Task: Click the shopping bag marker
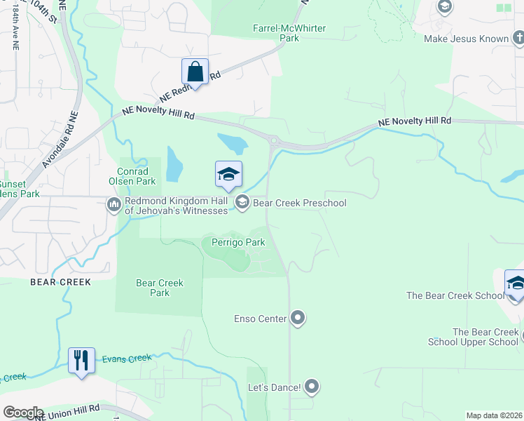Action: point(195,72)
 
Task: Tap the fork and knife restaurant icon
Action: point(81,361)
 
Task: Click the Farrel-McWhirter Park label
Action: point(289,33)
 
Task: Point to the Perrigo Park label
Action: point(234,242)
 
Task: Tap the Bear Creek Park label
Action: point(160,288)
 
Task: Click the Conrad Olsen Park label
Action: point(132,176)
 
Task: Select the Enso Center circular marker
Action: point(298,319)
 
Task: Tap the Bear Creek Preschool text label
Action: point(299,203)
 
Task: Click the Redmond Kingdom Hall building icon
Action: point(113,204)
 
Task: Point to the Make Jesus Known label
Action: point(466,39)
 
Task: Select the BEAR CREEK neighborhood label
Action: point(60,282)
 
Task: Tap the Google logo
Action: point(23,413)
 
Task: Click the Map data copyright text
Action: point(494,415)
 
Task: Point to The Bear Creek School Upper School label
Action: point(485,337)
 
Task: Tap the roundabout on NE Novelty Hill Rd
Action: point(273,141)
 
